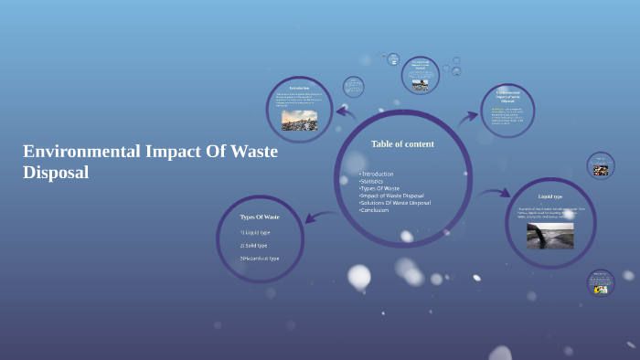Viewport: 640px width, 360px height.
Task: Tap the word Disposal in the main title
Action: [x=56, y=172]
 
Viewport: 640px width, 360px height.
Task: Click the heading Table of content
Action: [x=402, y=143]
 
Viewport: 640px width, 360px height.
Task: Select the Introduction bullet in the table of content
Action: [x=377, y=174]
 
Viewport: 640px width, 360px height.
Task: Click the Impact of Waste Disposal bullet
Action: [x=392, y=196]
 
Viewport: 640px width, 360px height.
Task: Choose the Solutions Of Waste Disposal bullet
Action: [x=395, y=203]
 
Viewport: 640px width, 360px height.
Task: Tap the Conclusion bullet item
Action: [x=375, y=210]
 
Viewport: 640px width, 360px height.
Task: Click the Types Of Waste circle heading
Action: [x=260, y=217]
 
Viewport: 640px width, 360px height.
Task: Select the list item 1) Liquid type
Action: [x=255, y=232]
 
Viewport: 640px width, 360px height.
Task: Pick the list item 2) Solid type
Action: [x=254, y=245]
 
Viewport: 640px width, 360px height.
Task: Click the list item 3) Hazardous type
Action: [x=260, y=259]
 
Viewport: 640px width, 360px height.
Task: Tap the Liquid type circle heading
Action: [x=550, y=196]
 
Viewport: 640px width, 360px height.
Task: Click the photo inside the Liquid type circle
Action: [x=550, y=236]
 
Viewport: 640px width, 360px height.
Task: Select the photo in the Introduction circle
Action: [x=299, y=121]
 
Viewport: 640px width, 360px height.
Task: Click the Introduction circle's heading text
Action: [x=299, y=88]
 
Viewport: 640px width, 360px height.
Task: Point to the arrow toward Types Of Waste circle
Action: [x=314, y=217]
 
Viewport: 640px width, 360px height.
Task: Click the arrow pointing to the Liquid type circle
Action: [x=496, y=193]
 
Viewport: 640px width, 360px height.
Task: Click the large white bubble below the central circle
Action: [x=359, y=275]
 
